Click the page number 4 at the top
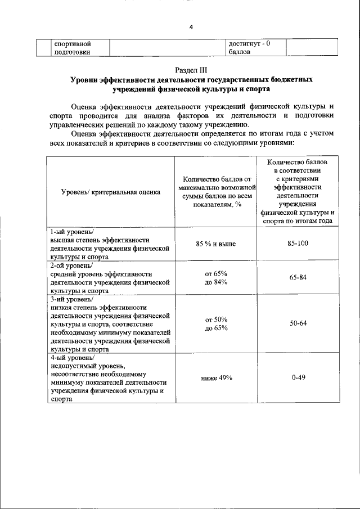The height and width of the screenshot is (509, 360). pos(191,28)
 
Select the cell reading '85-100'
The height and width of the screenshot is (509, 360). pos(299,243)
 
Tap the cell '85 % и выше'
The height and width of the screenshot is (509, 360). pos(216,243)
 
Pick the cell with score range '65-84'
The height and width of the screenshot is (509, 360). pos(299,277)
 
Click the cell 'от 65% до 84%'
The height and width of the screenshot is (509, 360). pos(216,277)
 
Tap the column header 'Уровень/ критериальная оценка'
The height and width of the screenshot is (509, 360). pos(111,192)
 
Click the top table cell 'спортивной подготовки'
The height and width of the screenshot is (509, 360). pos(73,48)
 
